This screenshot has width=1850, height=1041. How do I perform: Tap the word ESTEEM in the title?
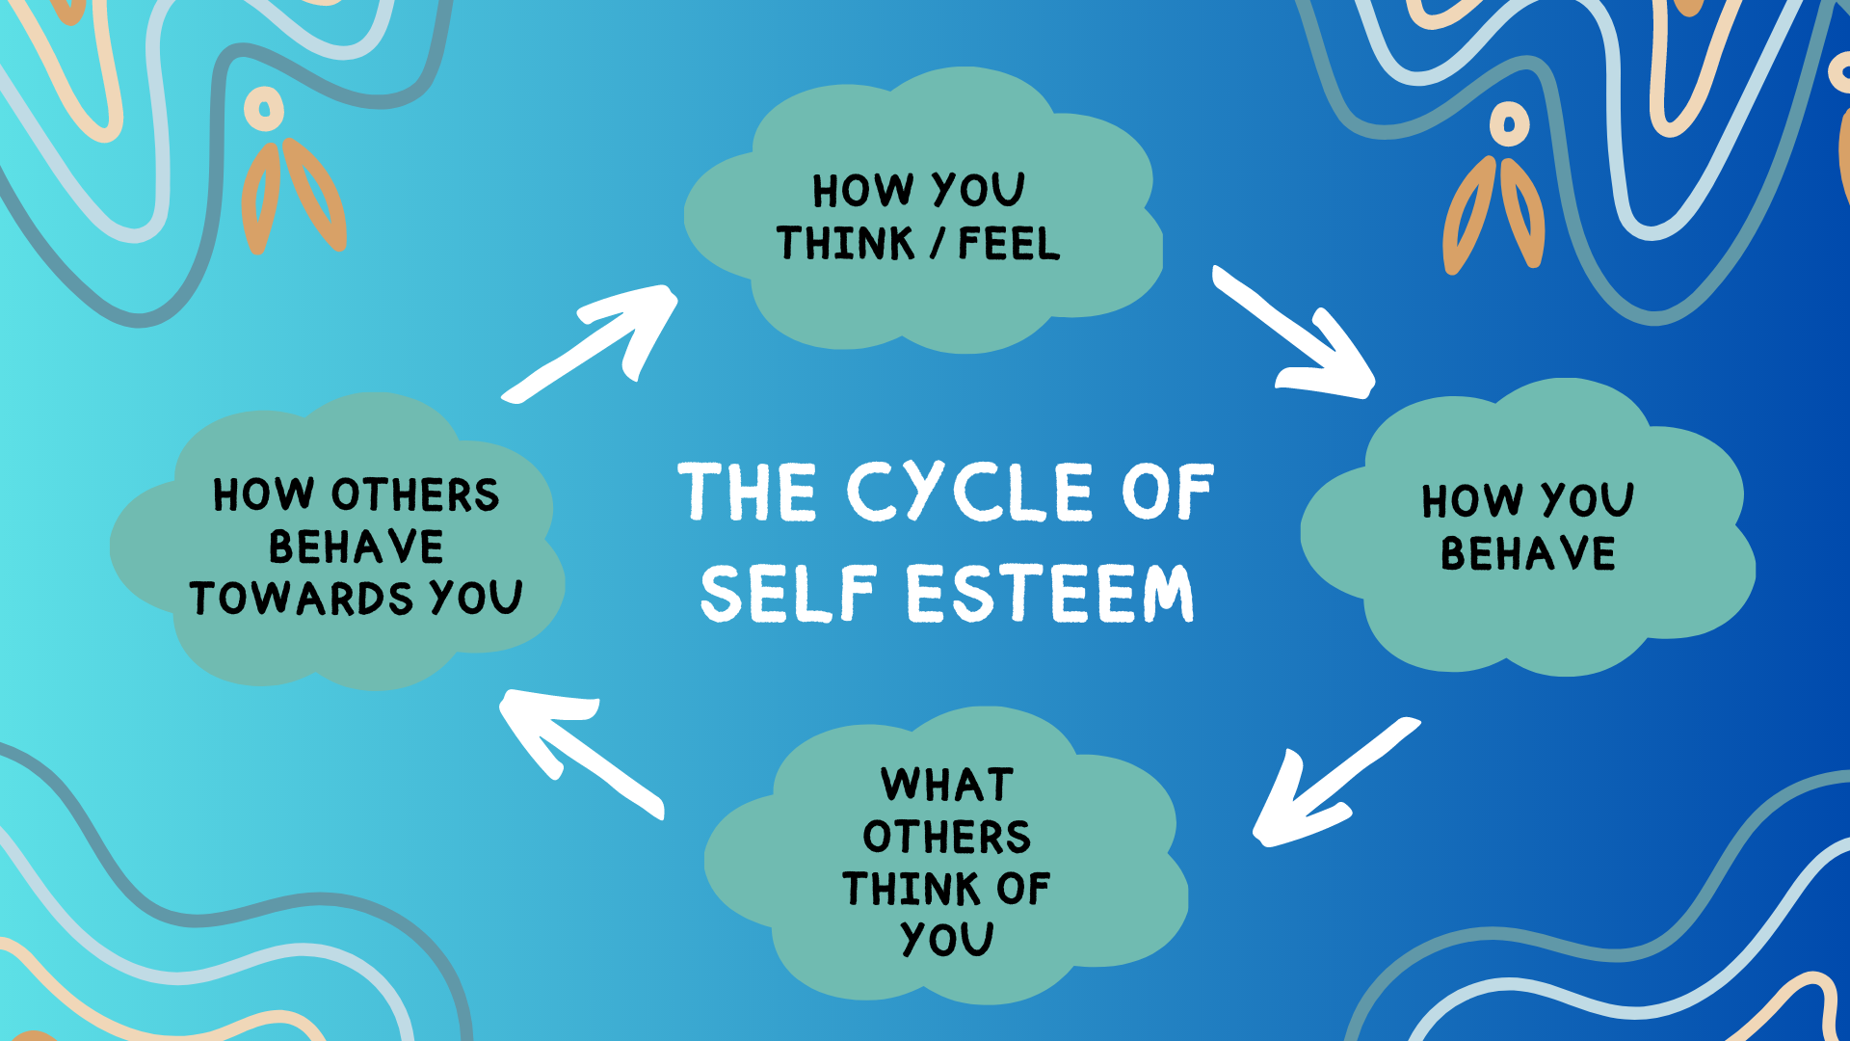(x=1049, y=593)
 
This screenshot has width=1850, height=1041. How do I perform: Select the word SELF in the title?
(x=788, y=593)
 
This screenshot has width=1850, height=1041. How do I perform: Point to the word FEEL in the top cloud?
(x=1009, y=243)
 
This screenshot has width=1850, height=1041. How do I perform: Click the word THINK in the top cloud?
(x=845, y=243)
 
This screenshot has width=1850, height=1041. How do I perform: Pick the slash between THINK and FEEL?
(x=937, y=243)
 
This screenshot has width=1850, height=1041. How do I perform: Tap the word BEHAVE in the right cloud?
(x=1527, y=553)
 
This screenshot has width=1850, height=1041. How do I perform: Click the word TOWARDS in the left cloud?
(x=301, y=599)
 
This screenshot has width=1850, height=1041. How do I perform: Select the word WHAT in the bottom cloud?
(x=946, y=785)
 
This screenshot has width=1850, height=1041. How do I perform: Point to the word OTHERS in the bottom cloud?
(x=946, y=837)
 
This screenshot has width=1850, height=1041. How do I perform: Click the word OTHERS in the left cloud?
(x=415, y=494)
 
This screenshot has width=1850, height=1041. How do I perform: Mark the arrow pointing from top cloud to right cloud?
(x=1296, y=335)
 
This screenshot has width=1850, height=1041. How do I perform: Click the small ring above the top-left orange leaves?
(x=264, y=109)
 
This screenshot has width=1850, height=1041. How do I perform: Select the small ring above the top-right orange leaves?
(x=1509, y=124)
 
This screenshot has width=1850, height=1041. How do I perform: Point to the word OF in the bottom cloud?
(x=1023, y=889)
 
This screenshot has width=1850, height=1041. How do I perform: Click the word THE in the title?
(x=748, y=492)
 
